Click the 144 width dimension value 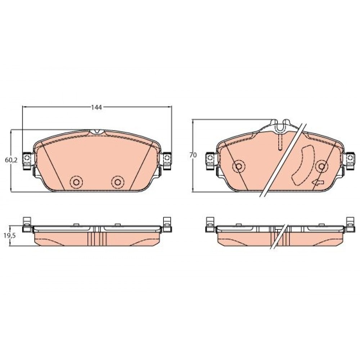point(96,107)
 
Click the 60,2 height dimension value point(11,160)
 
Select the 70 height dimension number point(193,155)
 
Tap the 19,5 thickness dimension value point(10,236)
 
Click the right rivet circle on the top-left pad point(118,182)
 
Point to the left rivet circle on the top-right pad point(239,166)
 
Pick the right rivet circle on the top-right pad point(321,166)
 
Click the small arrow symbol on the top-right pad point(318,183)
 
